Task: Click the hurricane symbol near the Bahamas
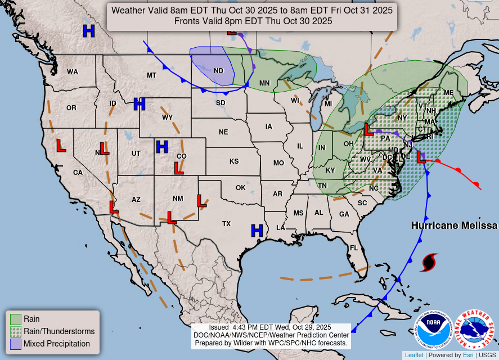(x=429, y=262)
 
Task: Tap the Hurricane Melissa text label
(x=454, y=226)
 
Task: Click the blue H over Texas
(x=257, y=230)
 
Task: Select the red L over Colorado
(x=179, y=168)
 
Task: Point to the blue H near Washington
(x=88, y=31)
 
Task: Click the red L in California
(x=61, y=146)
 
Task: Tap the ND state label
(x=219, y=71)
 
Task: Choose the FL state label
(x=354, y=248)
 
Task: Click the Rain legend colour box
(x=15, y=319)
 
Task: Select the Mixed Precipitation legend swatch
(x=15, y=344)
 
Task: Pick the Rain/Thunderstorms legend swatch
(x=15, y=331)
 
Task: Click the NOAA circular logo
(x=434, y=330)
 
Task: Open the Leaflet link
(x=413, y=355)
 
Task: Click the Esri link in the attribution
(x=468, y=355)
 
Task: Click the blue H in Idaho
(x=140, y=103)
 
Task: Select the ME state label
(x=448, y=93)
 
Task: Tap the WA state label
(x=73, y=72)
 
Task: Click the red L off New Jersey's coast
(x=421, y=157)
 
